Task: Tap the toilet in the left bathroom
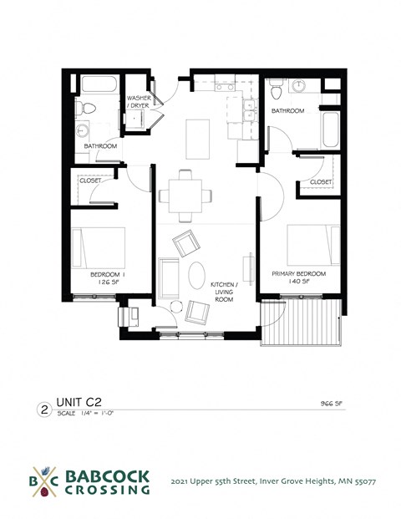(x=85, y=109)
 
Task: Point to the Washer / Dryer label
(x=139, y=102)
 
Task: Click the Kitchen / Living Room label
(x=225, y=291)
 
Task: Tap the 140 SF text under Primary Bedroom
(x=298, y=282)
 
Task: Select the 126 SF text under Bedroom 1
(x=106, y=282)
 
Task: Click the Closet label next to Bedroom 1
(x=90, y=181)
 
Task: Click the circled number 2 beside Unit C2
(x=43, y=410)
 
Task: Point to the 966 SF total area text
(x=332, y=403)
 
